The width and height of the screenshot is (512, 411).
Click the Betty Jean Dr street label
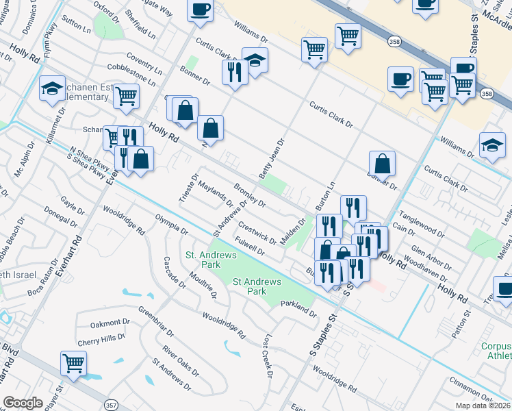272,158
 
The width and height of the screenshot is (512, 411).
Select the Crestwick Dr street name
257,233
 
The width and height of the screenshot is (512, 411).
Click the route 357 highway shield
111,406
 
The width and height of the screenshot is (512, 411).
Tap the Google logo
23,403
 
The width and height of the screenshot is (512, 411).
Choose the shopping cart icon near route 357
73,363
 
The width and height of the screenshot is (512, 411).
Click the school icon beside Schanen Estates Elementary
51,89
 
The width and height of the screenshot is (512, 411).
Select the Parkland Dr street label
299,313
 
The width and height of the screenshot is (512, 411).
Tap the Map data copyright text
483,406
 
